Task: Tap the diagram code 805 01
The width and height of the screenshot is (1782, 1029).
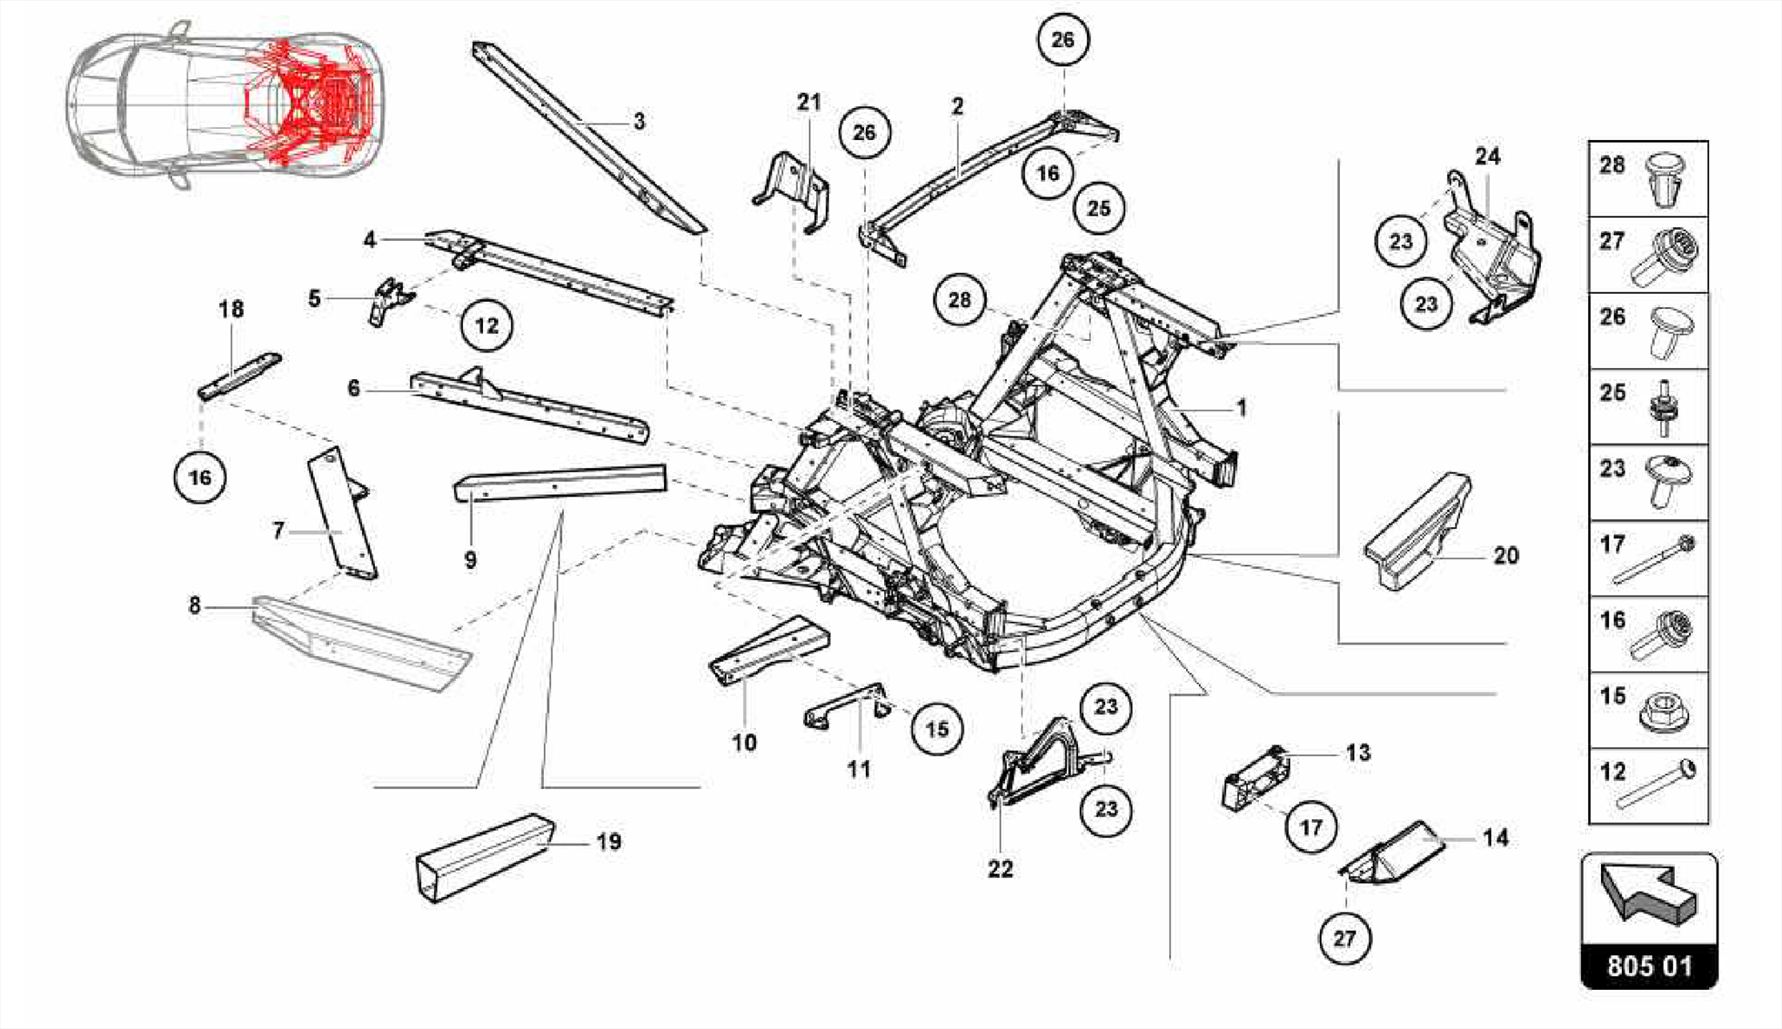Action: (1649, 966)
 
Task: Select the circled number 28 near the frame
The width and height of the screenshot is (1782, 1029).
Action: (959, 300)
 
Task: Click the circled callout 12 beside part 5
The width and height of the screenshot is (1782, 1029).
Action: (486, 326)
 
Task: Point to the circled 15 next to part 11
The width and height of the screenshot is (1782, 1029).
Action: (937, 729)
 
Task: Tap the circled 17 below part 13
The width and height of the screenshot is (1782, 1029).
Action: (1310, 827)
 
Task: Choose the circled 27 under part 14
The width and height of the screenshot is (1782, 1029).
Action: (1344, 939)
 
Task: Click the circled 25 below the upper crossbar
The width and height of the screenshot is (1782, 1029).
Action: (1099, 209)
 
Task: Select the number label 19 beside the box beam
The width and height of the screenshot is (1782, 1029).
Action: (609, 842)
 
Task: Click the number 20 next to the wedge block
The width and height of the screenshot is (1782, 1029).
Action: (1506, 556)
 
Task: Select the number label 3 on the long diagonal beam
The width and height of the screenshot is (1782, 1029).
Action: (640, 122)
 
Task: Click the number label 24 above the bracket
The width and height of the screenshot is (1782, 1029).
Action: (1487, 157)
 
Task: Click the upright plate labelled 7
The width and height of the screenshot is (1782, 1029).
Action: (342, 513)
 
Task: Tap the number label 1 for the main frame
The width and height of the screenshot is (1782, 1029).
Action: (1242, 407)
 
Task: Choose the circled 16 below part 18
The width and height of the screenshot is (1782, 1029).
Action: (200, 478)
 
